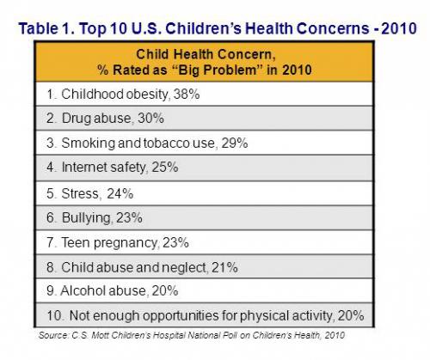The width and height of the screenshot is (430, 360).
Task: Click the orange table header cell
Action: (206, 60)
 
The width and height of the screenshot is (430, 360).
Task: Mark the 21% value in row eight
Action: (223, 267)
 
